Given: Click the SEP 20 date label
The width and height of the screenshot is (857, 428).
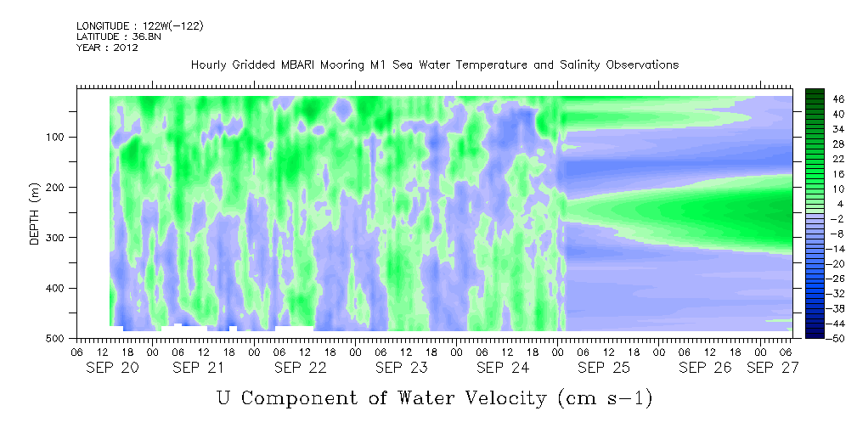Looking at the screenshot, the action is pos(112,368).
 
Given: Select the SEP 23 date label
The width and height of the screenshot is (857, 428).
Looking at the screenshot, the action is pos(402,368).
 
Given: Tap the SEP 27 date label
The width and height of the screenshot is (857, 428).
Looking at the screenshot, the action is pos(773,368).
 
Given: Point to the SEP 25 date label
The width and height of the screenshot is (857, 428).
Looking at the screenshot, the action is pos(604,368).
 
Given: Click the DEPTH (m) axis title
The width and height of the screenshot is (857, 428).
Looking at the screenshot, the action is pos(35,217).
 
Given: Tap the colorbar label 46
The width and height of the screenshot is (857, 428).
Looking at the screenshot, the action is pos(824,99).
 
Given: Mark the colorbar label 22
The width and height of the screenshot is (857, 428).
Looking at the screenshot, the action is pos(824,162).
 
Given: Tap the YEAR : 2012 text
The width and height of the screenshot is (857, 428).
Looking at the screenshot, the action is pos(107,48).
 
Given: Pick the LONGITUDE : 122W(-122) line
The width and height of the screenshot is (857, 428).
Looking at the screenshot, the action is pos(140,25).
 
